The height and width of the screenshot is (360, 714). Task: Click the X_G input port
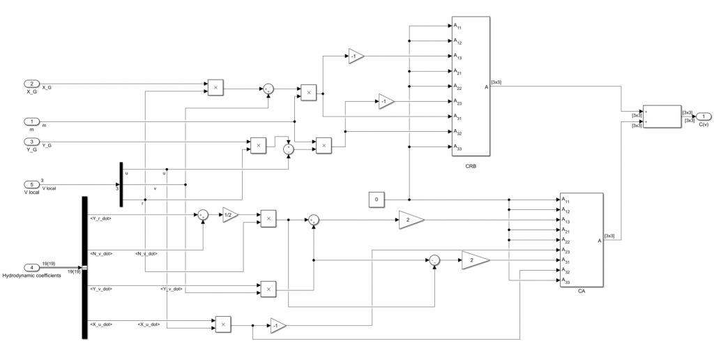31,84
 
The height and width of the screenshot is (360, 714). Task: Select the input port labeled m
31,121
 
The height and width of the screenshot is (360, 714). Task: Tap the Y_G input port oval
31,142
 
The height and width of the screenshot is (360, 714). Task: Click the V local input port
31,184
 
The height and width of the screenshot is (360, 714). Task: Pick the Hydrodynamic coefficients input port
31,267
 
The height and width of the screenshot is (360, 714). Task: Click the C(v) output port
704,116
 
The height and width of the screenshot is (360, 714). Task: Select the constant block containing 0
377,200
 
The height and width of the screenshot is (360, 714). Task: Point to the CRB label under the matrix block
471,167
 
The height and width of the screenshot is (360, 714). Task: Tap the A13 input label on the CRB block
457,56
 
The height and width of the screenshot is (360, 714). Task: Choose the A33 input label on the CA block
567,281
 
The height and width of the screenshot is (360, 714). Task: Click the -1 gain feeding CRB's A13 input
356,57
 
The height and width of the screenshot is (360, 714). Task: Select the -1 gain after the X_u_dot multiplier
278,326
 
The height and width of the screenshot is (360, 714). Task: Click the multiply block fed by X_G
215,87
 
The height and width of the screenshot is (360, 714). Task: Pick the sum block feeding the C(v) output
660,116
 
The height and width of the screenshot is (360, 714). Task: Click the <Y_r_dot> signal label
101,218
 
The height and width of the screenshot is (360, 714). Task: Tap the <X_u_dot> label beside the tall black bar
101,324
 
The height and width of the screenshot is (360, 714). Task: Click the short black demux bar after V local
121,184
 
